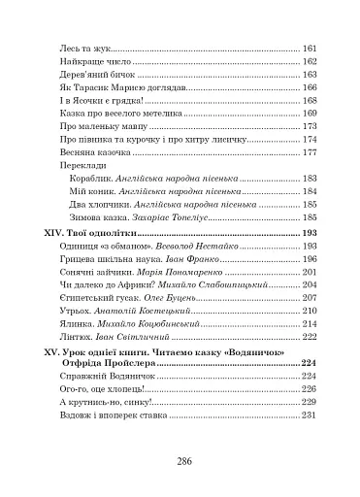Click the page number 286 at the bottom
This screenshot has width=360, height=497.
point(180,460)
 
